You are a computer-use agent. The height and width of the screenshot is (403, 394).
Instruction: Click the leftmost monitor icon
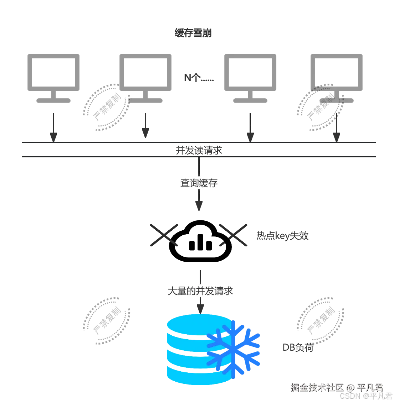tap(53, 77)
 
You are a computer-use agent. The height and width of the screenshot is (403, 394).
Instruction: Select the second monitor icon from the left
tap(145, 77)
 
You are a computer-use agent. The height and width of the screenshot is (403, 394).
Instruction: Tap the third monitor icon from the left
tap(250, 77)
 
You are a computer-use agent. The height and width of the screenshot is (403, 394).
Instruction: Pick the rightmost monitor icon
tap(336, 77)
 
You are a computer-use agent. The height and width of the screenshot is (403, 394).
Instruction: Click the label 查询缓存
tap(199, 183)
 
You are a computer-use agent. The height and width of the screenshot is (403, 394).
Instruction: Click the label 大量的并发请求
tap(200, 292)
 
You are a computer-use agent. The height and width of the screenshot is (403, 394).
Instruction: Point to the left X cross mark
tap(163, 235)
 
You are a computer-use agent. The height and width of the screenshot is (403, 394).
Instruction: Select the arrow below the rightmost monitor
tap(336, 126)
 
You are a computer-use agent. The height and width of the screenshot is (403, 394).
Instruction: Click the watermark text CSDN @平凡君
tap(365, 396)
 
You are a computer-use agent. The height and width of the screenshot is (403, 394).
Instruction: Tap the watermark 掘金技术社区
tap(317, 387)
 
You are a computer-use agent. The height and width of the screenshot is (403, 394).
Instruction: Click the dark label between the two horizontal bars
tap(198, 150)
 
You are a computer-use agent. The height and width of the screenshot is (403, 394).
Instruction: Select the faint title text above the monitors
tap(194, 33)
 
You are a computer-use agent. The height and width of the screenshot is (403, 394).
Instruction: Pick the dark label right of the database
tap(298, 347)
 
